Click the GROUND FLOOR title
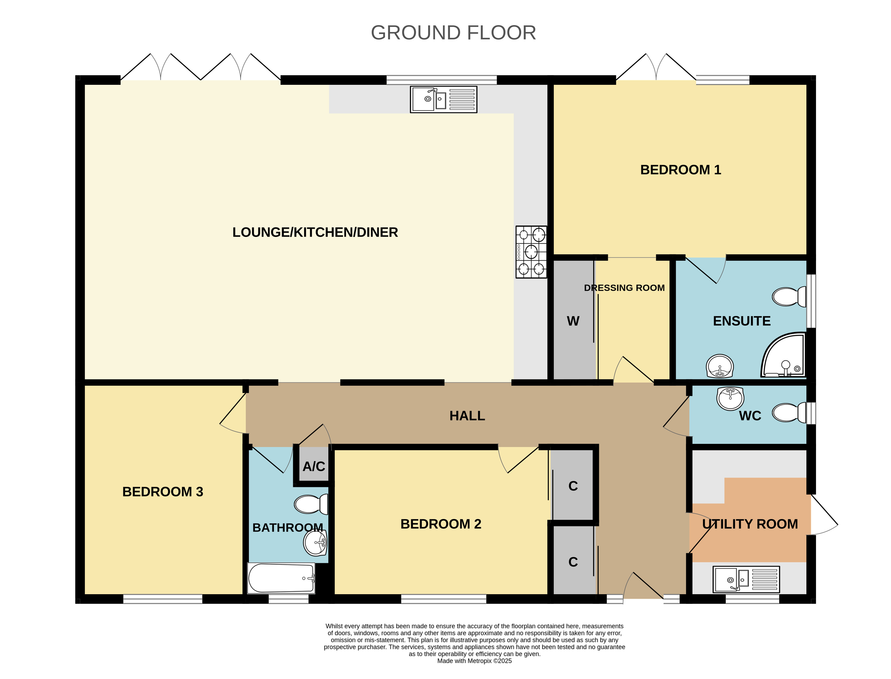(x=453, y=33)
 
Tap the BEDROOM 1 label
(x=680, y=170)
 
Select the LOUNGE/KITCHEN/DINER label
(x=315, y=232)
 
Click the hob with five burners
(x=531, y=252)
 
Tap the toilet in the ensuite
(x=789, y=297)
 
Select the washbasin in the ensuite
(x=720, y=366)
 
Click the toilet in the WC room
(x=789, y=413)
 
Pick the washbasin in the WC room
(x=730, y=398)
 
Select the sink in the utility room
(x=746, y=579)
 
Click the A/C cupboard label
(x=314, y=466)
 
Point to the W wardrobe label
(x=573, y=321)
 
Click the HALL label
(x=467, y=416)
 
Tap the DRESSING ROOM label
(x=624, y=288)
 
